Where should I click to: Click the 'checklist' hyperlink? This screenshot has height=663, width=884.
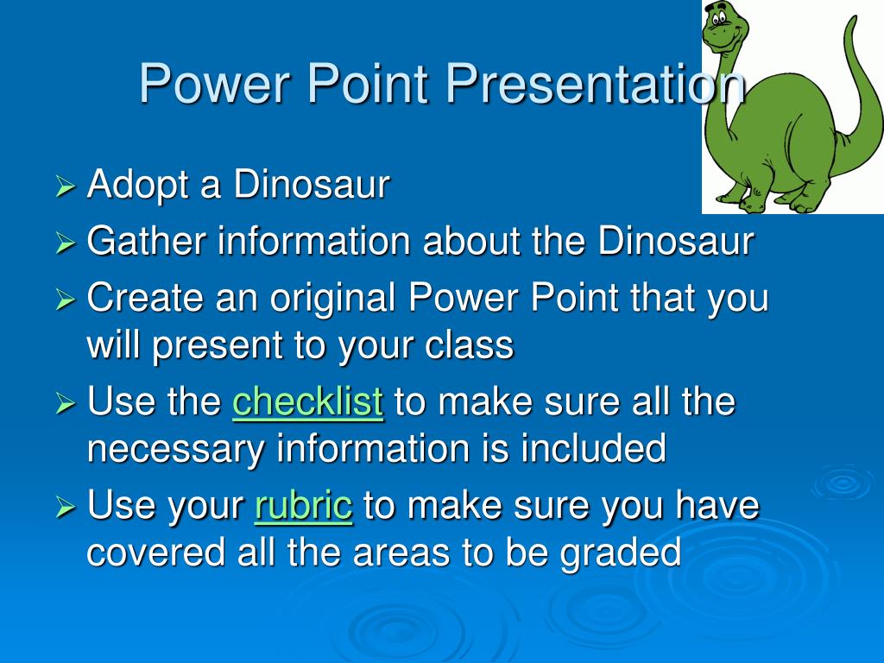click(x=308, y=401)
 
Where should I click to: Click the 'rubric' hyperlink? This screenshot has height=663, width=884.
click(x=303, y=505)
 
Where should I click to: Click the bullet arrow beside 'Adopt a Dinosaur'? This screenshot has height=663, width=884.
click(x=66, y=186)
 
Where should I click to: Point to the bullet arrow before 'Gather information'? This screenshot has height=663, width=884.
click(x=66, y=243)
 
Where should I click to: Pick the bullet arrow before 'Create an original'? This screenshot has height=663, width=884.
click(x=66, y=300)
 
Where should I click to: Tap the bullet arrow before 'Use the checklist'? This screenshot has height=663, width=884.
click(x=66, y=403)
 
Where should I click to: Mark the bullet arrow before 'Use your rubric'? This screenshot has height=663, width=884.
click(x=66, y=507)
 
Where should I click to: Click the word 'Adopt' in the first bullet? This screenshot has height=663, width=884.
click(x=137, y=185)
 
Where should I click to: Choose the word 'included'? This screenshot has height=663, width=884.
click(x=593, y=448)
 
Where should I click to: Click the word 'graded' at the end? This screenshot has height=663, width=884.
click(x=620, y=553)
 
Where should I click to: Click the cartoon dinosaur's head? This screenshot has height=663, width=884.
click(x=725, y=28)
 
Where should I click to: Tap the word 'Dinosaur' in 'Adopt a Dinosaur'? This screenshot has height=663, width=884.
click(x=312, y=184)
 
